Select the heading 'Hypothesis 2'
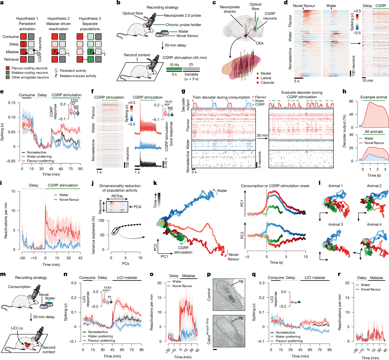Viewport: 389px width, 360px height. point(58,18)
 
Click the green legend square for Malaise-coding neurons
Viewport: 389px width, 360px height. point(8,73)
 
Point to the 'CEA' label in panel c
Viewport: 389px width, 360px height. point(260,43)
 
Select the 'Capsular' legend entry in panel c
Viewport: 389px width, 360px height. point(267,83)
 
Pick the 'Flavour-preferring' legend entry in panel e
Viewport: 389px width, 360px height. point(41,161)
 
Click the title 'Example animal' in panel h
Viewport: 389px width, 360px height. point(374,97)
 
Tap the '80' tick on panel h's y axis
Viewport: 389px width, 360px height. point(351,101)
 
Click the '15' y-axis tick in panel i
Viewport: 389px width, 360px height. point(14,191)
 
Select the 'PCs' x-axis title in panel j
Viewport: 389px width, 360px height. point(125,263)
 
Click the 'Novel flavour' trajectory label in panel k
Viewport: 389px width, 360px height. point(233,257)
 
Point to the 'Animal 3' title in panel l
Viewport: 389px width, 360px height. point(336,224)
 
